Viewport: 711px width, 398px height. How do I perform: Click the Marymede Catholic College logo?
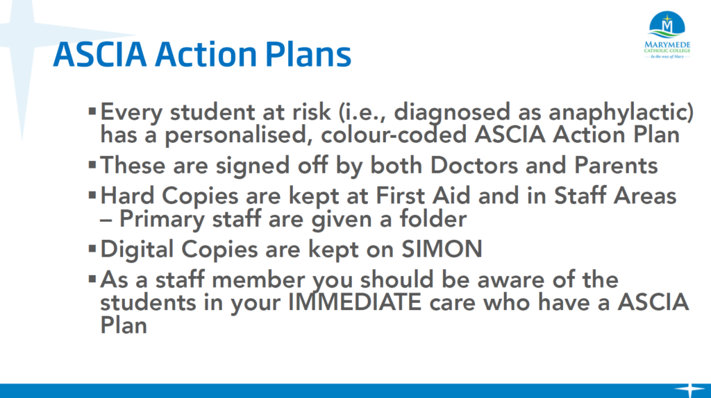(x=667, y=35)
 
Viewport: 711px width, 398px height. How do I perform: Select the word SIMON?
(x=442, y=249)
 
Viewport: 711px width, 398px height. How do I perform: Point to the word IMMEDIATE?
(x=355, y=302)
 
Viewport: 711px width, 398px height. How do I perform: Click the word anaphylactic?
(x=621, y=112)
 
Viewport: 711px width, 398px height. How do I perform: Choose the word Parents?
(x=616, y=165)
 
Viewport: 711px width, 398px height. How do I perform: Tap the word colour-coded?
(x=394, y=135)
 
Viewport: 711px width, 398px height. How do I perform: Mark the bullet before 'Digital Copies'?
(x=92, y=248)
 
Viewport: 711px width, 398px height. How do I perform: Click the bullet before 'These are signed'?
(x=92, y=164)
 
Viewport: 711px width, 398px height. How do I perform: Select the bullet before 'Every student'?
(x=92, y=111)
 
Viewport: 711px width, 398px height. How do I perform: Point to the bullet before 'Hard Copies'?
(x=92, y=195)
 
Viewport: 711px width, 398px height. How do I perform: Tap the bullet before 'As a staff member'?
(x=92, y=279)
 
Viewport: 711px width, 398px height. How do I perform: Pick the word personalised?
(x=239, y=135)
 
